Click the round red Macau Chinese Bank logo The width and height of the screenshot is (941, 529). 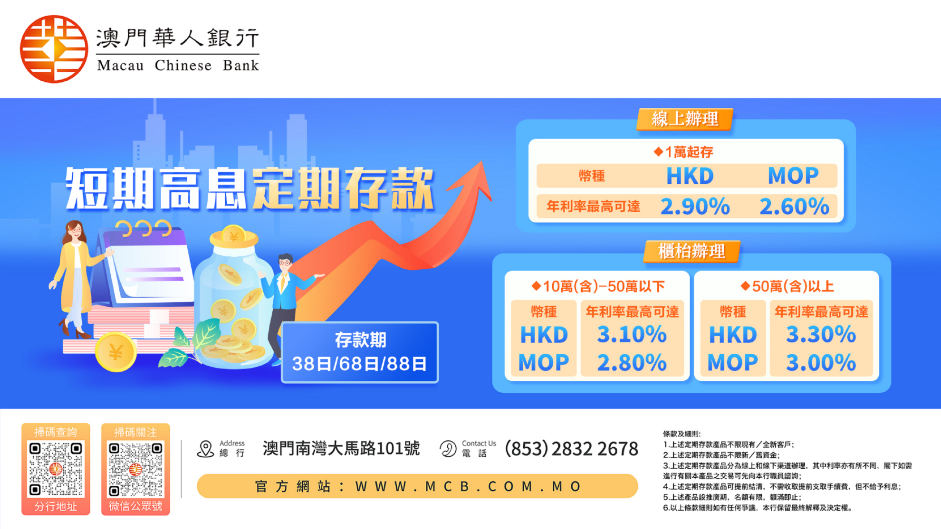click(54, 49)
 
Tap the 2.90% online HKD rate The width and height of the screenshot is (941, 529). click(695, 207)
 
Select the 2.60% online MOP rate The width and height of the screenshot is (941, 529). click(794, 207)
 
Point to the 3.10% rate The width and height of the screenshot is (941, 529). click(632, 335)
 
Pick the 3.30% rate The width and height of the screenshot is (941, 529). click(821, 335)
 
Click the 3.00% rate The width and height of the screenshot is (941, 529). click(821, 363)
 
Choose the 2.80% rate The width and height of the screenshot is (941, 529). click(632, 363)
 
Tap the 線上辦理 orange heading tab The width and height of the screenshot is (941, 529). click(685, 119)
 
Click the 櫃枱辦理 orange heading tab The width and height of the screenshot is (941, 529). click(691, 251)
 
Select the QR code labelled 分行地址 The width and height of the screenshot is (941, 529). click(56, 469)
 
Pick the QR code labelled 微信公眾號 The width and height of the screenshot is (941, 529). click(135, 469)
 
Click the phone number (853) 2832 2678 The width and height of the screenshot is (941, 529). click(571, 449)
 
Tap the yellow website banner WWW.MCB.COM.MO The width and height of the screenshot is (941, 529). click(417, 486)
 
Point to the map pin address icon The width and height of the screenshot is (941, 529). click(205, 449)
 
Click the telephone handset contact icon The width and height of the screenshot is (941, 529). click(448, 449)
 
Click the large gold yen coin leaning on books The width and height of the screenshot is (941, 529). click(115, 352)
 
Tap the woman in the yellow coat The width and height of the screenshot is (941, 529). click(76, 275)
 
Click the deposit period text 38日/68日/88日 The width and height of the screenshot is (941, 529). click(359, 364)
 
